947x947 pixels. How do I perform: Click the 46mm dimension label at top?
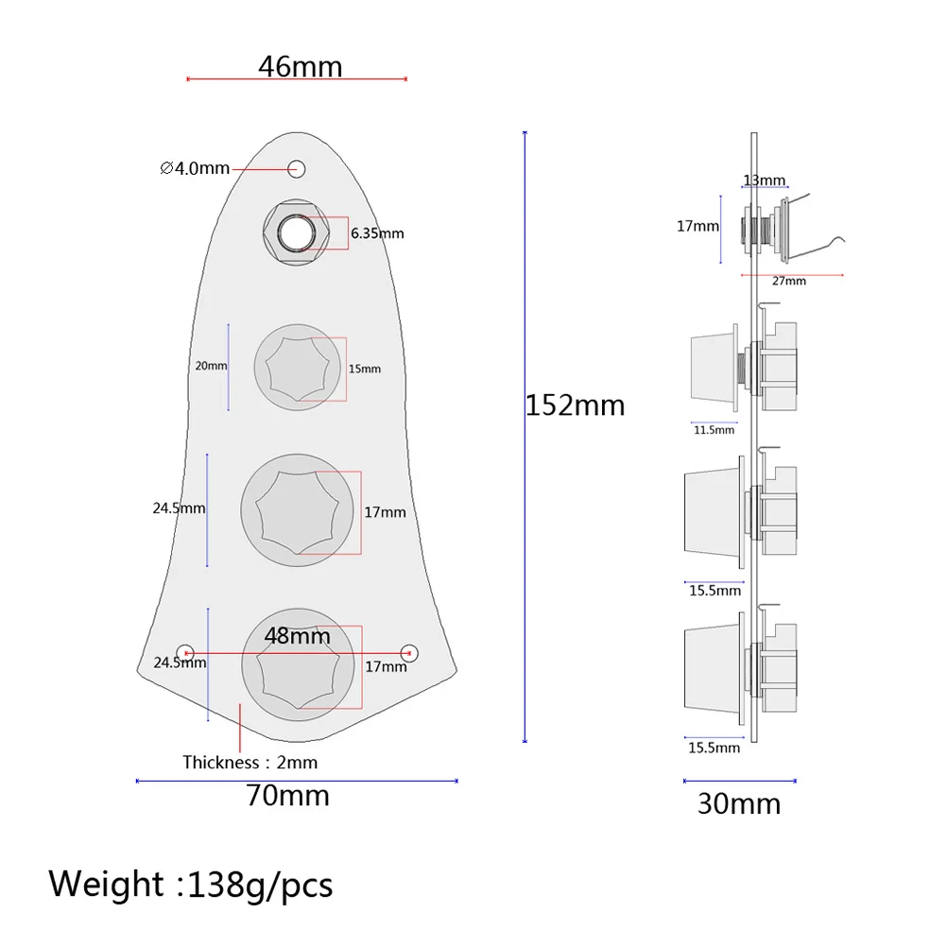click(300, 67)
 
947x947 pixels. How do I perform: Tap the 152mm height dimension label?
click(575, 405)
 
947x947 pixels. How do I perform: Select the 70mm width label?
click(287, 796)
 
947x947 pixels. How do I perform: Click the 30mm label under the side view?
click(739, 804)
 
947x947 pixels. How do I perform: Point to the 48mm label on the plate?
click(297, 636)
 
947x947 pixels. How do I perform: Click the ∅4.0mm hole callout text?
click(195, 168)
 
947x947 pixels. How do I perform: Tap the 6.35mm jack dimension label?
click(377, 233)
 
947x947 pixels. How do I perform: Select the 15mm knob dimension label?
click(365, 368)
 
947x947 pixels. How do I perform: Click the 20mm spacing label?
click(211, 366)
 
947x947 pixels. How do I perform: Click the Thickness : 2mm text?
click(250, 762)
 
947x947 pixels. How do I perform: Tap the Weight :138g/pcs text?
click(191, 885)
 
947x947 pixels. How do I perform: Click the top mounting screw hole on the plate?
click(298, 169)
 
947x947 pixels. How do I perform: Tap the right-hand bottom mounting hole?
click(409, 652)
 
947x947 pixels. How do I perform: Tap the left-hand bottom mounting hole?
click(186, 652)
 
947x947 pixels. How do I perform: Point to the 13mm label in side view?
click(764, 181)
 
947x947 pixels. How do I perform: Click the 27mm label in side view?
click(788, 281)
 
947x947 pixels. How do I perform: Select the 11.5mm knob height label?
click(713, 430)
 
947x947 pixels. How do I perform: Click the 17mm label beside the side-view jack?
click(697, 227)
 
